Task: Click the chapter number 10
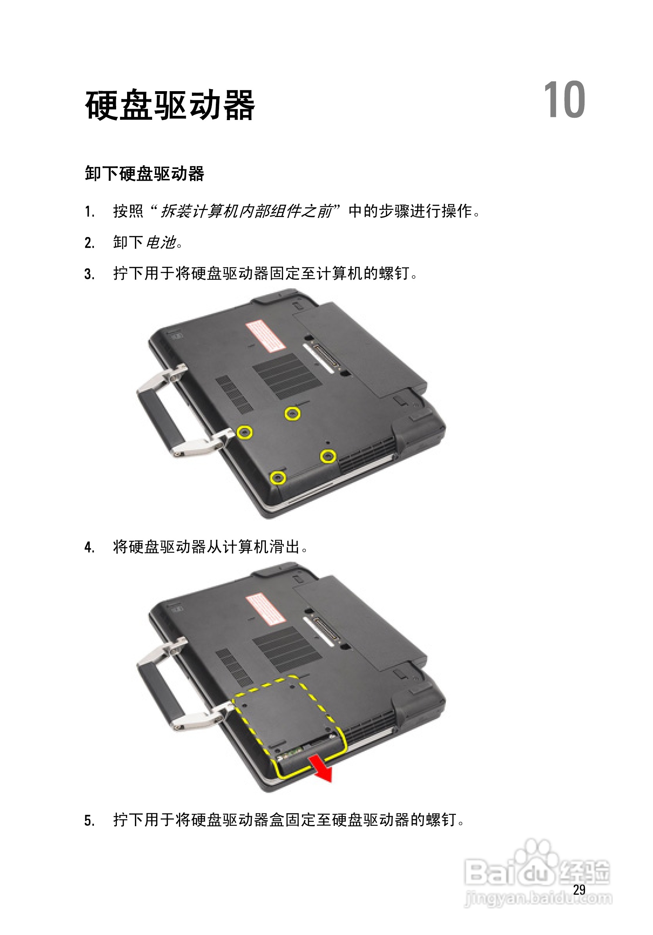pyautogui.click(x=564, y=100)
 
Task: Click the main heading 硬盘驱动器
pyautogui.click(x=170, y=106)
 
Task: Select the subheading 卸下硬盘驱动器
pyautogui.click(x=144, y=174)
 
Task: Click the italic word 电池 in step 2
pyautogui.click(x=161, y=243)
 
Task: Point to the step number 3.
pyautogui.click(x=89, y=274)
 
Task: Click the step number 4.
pyautogui.click(x=89, y=547)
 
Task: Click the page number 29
pyautogui.click(x=579, y=890)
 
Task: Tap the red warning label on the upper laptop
pyautogui.click(x=265, y=336)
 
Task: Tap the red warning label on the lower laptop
pyautogui.click(x=265, y=610)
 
